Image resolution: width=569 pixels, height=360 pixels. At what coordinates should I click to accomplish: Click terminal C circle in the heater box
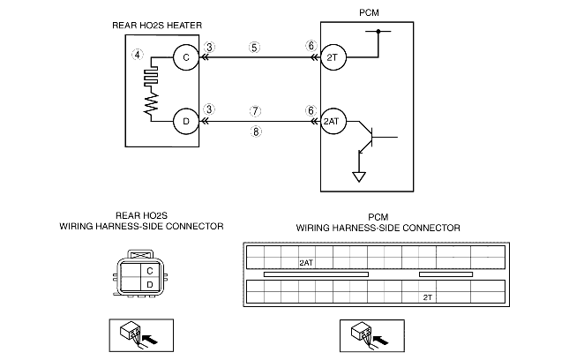[186, 57]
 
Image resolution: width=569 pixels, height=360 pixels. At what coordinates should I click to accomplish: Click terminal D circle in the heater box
[186, 122]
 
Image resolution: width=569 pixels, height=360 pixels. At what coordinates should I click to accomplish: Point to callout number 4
[137, 55]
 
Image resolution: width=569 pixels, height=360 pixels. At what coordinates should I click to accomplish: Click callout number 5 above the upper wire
[254, 48]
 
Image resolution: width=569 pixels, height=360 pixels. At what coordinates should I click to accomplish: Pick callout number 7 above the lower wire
[255, 110]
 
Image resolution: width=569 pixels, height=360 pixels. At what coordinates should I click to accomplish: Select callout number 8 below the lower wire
[256, 131]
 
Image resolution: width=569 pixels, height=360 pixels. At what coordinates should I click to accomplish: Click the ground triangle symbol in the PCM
[359, 177]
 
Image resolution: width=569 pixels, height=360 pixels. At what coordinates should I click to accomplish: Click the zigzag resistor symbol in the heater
[151, 102]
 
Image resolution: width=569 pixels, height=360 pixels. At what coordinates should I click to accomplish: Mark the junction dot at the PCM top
[378, 31]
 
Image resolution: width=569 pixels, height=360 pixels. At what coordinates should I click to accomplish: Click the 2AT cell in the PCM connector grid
[307, 263]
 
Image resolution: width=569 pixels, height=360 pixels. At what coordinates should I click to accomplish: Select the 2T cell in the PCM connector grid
[428, 297]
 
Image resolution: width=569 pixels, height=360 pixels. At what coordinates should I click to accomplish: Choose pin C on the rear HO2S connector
[149, 271]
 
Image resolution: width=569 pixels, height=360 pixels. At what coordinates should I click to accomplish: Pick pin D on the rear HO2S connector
[149, 284]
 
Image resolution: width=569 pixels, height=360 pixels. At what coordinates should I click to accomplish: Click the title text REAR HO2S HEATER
[157, 26]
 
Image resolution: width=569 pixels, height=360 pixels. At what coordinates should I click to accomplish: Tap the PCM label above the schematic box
[369, 12]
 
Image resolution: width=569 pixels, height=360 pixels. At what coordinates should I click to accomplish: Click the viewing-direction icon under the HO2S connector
[141, 335]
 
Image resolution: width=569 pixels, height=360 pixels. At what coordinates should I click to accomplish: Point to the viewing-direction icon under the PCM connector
[372, 335]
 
